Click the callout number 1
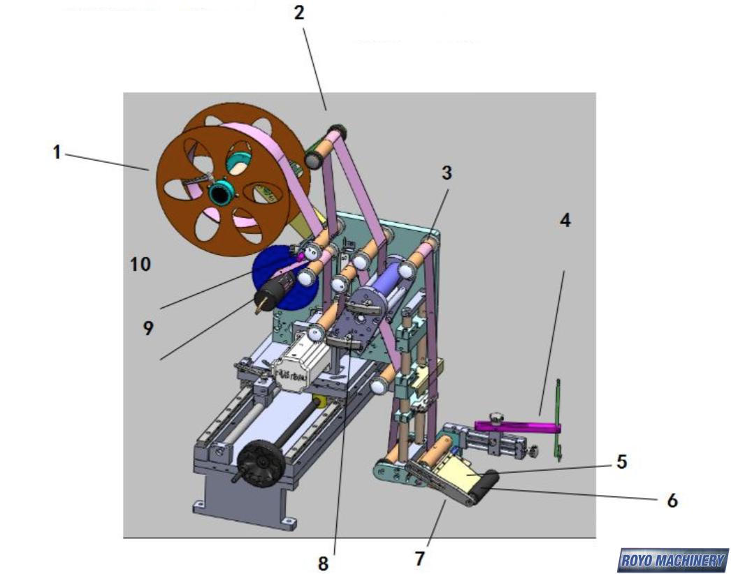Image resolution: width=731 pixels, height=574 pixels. pos(57,151)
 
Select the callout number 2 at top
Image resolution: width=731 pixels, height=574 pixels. pos(300,13)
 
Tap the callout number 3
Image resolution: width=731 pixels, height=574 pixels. pos(447,172)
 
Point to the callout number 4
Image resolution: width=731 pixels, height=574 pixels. pos(565,221)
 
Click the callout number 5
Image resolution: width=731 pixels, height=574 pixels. pos(621,462)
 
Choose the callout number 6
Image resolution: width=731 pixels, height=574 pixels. pos(672,500)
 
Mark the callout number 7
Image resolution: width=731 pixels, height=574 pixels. pos(419,558)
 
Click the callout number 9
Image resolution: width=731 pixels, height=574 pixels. pos(148,328)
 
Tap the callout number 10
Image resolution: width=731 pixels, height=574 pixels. pos(140,265)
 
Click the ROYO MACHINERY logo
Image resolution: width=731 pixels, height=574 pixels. pos(672,560)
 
